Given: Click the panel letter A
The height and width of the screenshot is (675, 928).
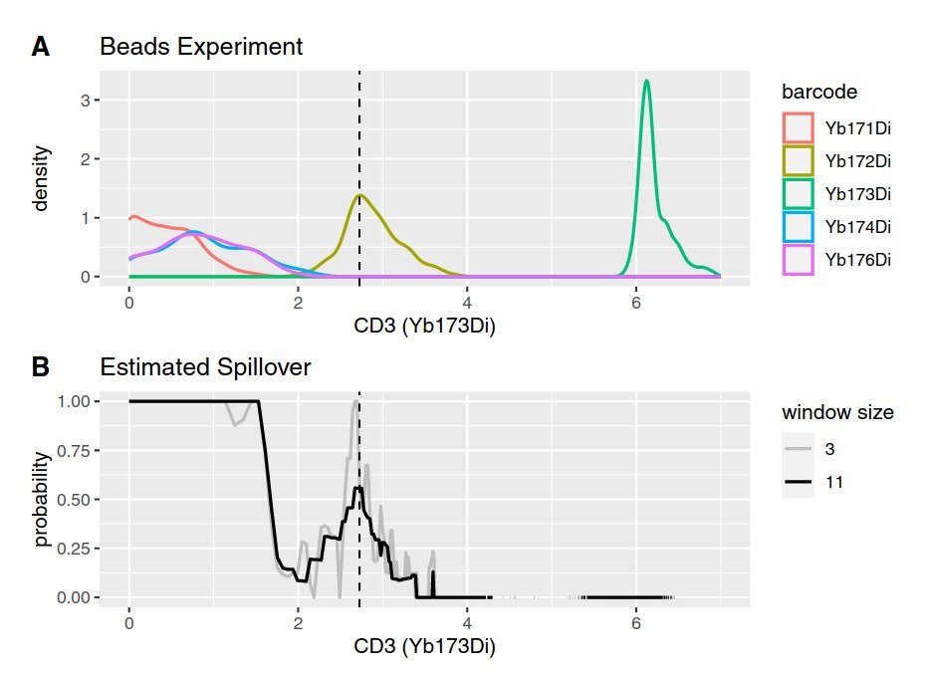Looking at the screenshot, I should point(41,47).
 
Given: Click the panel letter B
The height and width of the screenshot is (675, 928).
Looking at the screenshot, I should point(41,367).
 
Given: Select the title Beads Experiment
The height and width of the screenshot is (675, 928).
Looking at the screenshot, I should point(201,47).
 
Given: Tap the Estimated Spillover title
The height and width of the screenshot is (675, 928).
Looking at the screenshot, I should point(205,367).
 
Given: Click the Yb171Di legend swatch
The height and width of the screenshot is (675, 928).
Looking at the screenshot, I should point(798,127).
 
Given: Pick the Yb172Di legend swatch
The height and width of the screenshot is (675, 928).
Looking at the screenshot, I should point(798,160).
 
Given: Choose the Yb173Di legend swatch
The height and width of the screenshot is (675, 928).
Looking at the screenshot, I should point(798,193).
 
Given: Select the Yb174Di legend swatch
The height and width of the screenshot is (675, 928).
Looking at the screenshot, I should point(798,226).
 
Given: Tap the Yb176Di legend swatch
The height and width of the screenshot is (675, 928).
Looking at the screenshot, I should point(798,260).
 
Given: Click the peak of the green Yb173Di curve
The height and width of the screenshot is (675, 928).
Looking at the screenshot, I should point(646,81).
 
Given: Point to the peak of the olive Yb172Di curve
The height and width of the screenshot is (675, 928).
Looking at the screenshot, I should point(359,195).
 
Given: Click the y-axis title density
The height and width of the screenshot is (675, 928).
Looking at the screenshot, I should point(41,178).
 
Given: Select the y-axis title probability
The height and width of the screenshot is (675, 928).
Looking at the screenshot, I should point(41,499).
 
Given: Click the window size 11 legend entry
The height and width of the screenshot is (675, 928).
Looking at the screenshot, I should point(799,482).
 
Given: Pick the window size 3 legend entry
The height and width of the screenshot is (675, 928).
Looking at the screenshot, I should point(799,449).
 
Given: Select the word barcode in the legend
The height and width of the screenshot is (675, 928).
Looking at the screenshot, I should point(819,92).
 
